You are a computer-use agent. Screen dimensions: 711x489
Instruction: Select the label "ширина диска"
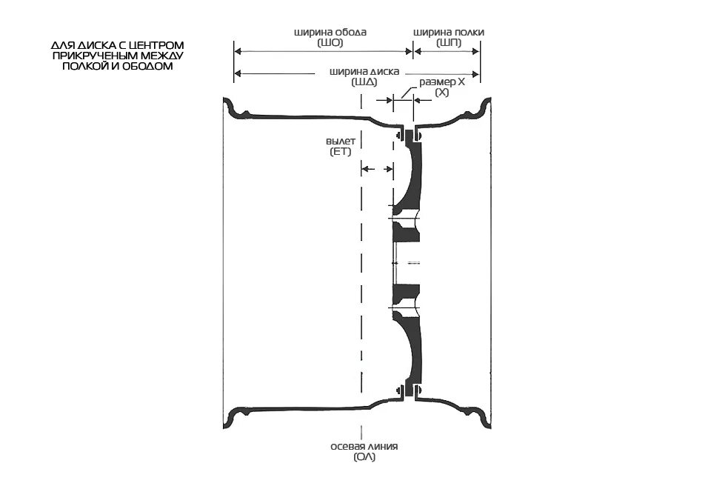coord(364,73)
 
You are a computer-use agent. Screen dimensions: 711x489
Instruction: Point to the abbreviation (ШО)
coord(330,43)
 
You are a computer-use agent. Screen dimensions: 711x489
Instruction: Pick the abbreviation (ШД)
coord(364,82)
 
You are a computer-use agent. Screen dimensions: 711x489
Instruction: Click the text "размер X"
coord(442,82)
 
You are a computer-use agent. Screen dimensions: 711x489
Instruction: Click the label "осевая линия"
coord(364,446)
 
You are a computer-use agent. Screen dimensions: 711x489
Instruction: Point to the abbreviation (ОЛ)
coord(364,456)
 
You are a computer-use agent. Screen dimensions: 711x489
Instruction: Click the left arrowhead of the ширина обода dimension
coord(238,51)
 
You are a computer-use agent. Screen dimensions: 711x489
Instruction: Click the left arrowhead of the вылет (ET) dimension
coord(364,170)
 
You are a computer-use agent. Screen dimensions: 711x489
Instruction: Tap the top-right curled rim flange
coord(485,107)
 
